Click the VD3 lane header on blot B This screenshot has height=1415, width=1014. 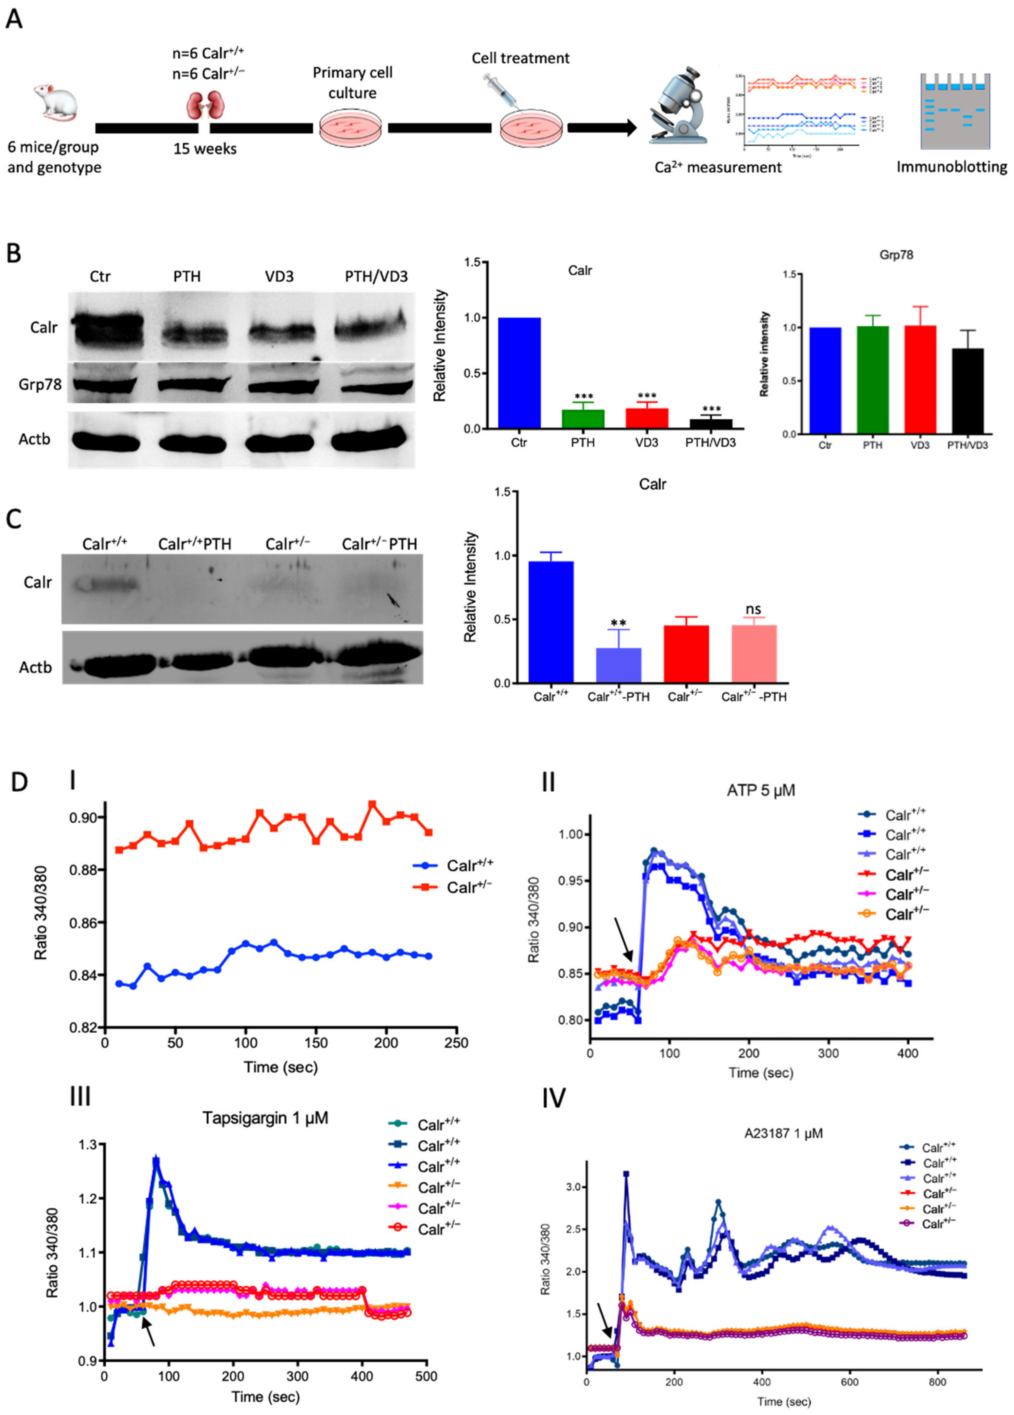[279, 276]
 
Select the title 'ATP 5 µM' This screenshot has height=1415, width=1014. [761, 791]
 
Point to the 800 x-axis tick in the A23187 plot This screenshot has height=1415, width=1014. [937, 1382]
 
